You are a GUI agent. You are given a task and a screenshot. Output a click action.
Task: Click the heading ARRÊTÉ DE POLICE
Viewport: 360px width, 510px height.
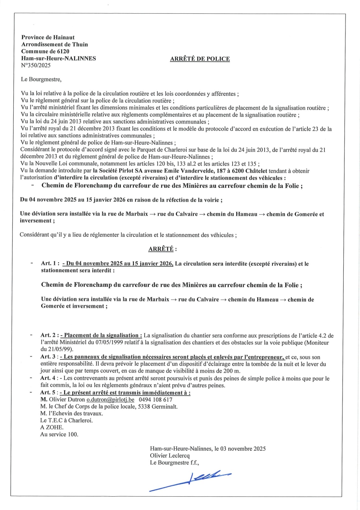tap(200, 59)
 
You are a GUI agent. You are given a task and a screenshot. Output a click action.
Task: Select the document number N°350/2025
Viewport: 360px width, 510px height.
tap(36, 65)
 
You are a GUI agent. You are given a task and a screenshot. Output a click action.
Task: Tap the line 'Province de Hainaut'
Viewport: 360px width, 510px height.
tap(48, 37)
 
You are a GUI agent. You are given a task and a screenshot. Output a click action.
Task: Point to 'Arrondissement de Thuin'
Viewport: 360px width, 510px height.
tap(54, 44)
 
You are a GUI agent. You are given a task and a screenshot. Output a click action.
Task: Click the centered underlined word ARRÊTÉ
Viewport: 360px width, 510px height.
tap(161, 249)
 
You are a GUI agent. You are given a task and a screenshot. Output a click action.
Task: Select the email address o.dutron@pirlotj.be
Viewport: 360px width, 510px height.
tap(111, 399)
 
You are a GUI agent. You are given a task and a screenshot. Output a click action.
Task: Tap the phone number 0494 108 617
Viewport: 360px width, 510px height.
tap(155, 399)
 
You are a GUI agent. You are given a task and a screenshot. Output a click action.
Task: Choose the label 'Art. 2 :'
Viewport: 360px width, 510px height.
tap(49, 335)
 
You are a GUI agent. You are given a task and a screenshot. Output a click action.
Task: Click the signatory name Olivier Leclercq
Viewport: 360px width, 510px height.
tap(170, 455)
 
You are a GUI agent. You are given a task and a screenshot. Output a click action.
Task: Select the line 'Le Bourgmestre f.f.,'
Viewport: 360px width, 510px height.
tap(174, 463)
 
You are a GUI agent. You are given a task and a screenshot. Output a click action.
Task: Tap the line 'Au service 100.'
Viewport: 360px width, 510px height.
tap(59, 434)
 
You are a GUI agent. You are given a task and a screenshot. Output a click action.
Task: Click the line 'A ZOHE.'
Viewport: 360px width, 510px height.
tap(52, 427)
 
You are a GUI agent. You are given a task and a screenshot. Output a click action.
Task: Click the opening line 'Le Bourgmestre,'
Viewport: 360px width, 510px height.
tap(41, 79)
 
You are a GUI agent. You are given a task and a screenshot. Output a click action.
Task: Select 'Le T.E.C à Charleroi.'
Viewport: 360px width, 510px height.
tap(66, 420)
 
